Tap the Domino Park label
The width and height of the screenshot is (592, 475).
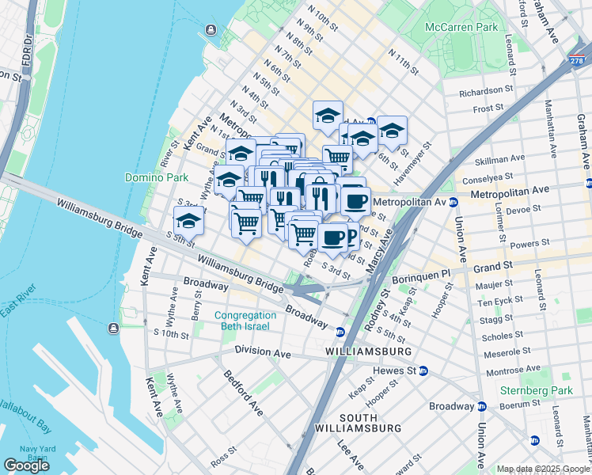pyautogui.click(x=156, y=177)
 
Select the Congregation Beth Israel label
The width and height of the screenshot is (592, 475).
pyautogui.click(x=242, y=321)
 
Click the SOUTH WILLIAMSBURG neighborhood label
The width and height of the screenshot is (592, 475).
pyautogui.click(x=370, y=422)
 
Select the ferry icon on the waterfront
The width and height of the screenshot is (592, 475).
pyautogui.click(x=211, y=30)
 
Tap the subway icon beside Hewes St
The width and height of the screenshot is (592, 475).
pyautogui.click(x=423, y=370)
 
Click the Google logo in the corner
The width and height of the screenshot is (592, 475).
pyautogui.click(x=26, y=465)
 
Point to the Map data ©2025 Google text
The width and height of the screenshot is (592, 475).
pyautogui.click(x=543, y=469)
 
